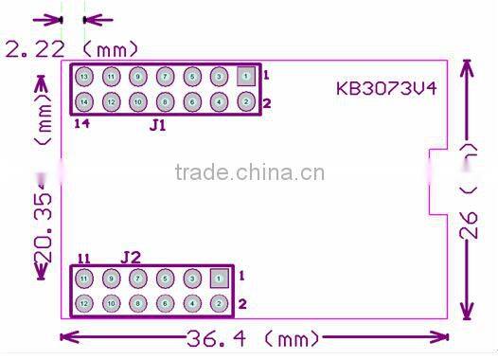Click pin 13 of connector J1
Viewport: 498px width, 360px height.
click(84, 76)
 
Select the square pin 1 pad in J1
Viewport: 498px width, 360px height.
click(245, 75)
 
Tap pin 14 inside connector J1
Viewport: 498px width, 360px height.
click(84, 101)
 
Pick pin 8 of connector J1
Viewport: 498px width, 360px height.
click(165, 101)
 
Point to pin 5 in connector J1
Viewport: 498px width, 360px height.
click(191, 76)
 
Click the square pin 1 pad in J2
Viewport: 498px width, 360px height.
click(219, 279)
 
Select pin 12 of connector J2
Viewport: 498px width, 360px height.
click(84, 304)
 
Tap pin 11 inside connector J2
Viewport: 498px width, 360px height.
click(84, 279)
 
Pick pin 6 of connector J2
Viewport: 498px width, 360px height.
click(165, 304)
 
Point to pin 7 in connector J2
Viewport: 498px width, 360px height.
click(138, 279)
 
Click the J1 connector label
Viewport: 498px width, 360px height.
click(157, 124)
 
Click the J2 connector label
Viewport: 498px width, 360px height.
click(131, 257)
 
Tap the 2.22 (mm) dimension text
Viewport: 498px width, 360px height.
click(72, 47)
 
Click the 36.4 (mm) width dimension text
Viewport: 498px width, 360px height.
click(256, 338)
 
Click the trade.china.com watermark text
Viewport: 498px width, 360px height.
click(250, 173)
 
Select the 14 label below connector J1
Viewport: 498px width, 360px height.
click(82, 122)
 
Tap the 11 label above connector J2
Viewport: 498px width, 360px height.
click(83, 259)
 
